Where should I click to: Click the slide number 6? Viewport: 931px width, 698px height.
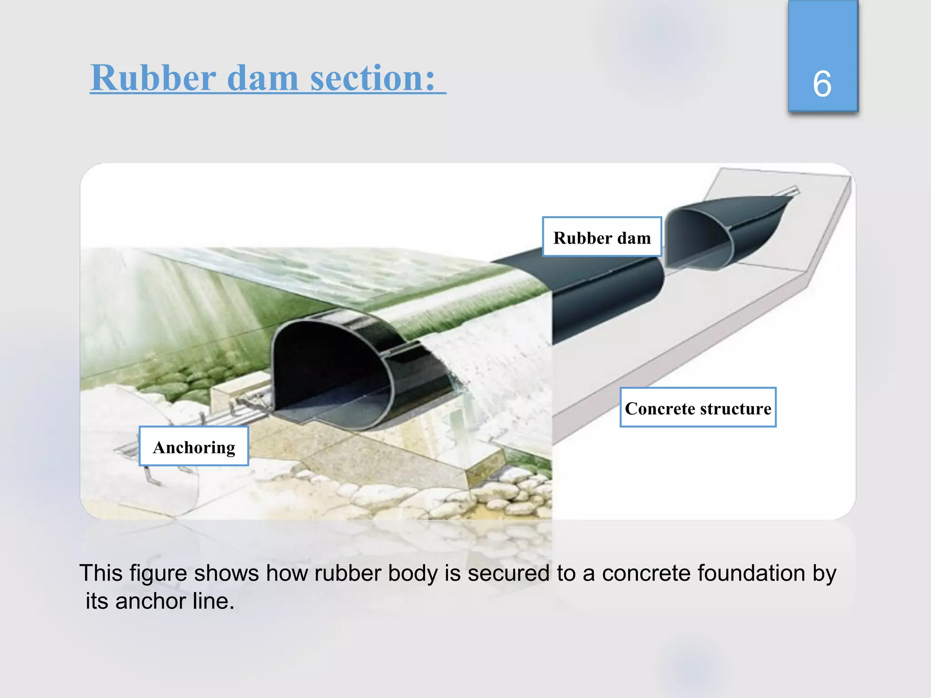pyautogui.click(x=822, y=84)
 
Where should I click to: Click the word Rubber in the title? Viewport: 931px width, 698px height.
pyautogui.click(x=153, y=78)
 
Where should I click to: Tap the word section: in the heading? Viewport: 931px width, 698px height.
pyautogui.click(x=373, y=78)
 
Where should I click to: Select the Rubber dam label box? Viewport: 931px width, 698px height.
pyautogui.click(x=602, y=237)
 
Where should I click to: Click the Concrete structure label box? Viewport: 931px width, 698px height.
pyautogui.click(x=698, y=408)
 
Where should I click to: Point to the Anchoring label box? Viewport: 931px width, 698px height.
pyautogui.click(x=194, y=446)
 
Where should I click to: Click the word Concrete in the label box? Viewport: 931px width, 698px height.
pyautogui.click(x=660, y=408)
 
